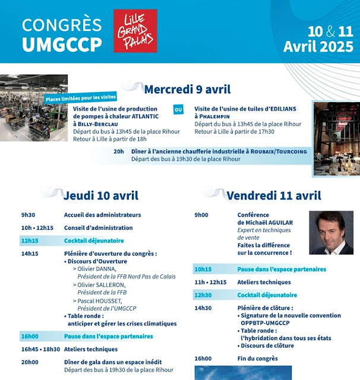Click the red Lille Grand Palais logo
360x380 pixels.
pos(135,31)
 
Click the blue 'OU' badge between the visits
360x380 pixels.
pos(178,109)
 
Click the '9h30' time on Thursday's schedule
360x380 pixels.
pos(29,214)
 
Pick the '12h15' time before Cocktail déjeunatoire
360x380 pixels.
pos(30,240)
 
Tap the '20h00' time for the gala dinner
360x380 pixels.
pos(30,362)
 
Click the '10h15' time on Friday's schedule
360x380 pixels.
pos(203,269)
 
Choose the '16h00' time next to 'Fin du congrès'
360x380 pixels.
pos(203,358)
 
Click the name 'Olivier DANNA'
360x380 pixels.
pos(99,268)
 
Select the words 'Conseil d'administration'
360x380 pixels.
pos(99,227)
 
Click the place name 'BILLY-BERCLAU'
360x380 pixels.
pos(97,124)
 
